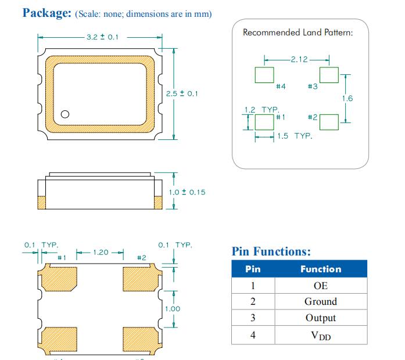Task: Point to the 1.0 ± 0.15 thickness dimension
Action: (187, 192)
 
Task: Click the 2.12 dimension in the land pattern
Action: (299, 59)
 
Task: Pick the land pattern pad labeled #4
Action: (264, 75)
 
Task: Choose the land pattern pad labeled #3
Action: (328, 75)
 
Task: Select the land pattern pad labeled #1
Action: (264, 122)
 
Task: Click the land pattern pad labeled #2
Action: (328, 122)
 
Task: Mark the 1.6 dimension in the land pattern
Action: (347, 98)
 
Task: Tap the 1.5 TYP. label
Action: (294, 136)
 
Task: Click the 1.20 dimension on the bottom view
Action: (101, 252)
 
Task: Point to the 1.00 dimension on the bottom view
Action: (173, 308)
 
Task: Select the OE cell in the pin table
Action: (320, 286)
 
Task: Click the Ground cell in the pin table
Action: (320, 302)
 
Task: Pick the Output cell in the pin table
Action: (320, 318)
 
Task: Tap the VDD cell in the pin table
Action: (320, 335)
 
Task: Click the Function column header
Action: (320, 269)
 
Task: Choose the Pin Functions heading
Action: (271, 251)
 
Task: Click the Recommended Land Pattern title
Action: (298, 33)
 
